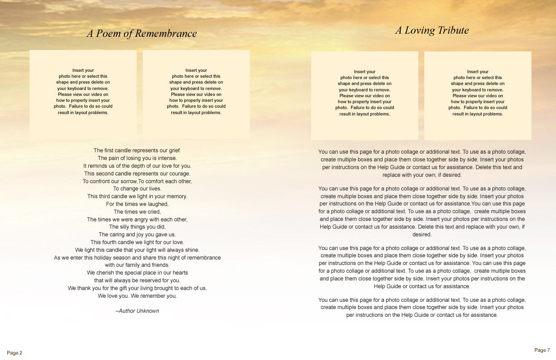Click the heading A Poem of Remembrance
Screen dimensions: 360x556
point(142,34)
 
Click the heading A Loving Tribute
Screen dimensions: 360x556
point(432,30)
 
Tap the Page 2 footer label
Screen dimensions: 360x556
point(15,353)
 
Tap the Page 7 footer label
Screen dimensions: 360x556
point(542,350)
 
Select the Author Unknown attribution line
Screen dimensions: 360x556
point(137,311)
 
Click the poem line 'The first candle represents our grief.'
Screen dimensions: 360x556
point(137,150)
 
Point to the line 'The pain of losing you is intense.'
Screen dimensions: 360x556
point(137,158)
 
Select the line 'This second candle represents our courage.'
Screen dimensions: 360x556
point(137,174)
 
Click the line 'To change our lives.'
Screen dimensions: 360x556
point(137,189)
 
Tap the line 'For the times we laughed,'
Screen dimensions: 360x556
point(137,204)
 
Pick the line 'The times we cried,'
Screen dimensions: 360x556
point(137,212)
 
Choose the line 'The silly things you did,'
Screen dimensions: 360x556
point(137,227)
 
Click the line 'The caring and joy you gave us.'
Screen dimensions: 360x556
point(137,235)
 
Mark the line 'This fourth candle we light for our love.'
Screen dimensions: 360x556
point(137,242)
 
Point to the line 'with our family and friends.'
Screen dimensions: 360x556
point(137,265)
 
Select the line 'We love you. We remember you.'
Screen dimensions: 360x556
point(137,296)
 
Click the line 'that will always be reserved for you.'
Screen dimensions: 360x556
point(137,280)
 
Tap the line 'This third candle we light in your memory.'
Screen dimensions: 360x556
point(137,196)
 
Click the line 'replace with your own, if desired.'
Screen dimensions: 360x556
point(422,175)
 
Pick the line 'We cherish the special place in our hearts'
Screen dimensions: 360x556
point(137,273)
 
